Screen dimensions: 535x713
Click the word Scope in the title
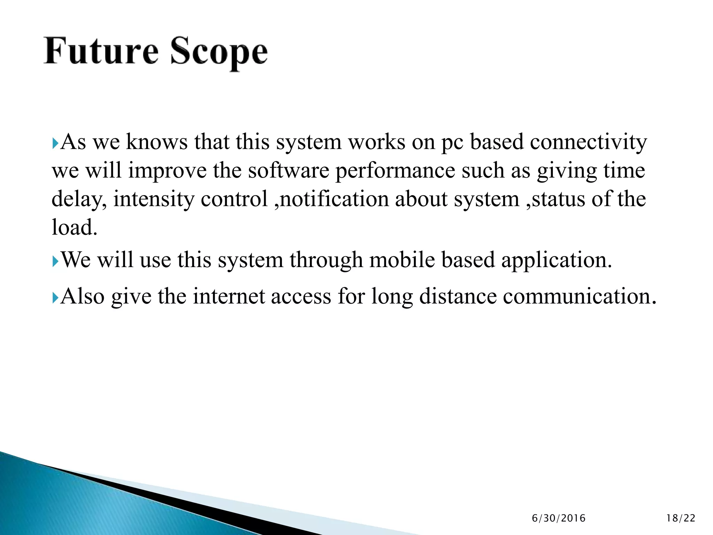(x=219, y=52)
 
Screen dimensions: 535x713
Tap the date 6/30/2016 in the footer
(x=558, y=518)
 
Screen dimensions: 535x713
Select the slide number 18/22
(x=681, y=518)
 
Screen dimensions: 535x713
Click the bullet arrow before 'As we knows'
(x=55, y=143)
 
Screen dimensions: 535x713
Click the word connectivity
(x=588, y=142)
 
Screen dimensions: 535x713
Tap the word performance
(x=395, y=171)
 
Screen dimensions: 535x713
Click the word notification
(x=334, y=200)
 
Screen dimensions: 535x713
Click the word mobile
(x=402, y=260)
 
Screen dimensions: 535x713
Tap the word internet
(x=229, y=297)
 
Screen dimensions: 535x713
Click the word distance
(x=457, y=297)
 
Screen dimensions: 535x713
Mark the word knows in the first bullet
(x=156, y=142)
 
